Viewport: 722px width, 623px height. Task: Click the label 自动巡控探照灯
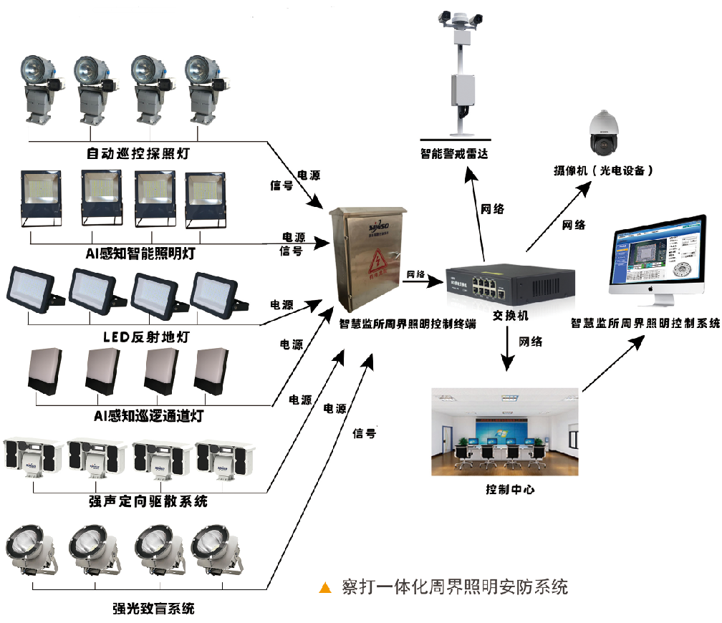click(138, 153)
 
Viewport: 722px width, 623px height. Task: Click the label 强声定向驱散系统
click(148, 501)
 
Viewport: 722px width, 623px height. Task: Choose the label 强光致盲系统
click(153, 609)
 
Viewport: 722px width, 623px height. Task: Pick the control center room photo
click(505, 433)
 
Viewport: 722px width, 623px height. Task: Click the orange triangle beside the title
click(326, 588)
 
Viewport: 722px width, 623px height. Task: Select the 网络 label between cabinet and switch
click(415, 274)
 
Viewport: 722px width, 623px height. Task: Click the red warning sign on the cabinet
click(375, 269)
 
